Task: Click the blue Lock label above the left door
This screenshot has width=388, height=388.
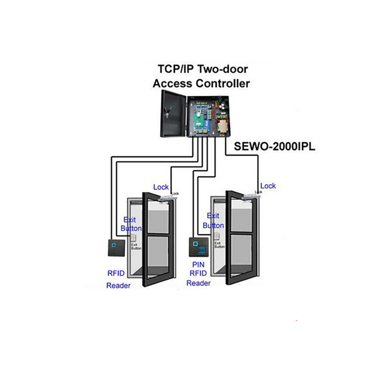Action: click(161, 186)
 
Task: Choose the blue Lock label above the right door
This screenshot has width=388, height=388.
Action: click(268, 186)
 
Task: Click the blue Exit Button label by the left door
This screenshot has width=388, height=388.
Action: click(129, 223)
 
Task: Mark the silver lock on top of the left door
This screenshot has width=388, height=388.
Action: click(169, 197)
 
